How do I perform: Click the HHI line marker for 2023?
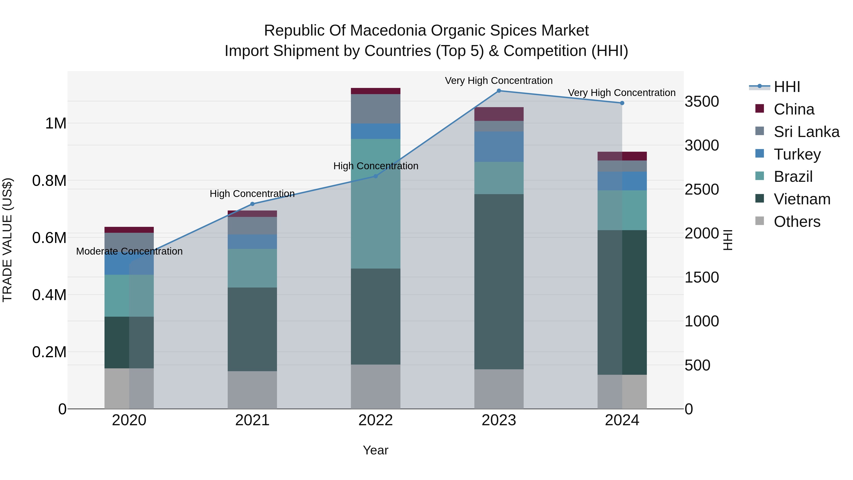coord(499,91)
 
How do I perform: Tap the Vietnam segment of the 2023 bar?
coord(499,282)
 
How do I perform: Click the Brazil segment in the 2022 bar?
coord(376,204)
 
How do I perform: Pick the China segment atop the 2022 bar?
coord(376,91)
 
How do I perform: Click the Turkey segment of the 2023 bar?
coord(499,146)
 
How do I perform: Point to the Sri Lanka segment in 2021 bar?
coord(252,226)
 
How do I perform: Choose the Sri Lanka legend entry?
coord(806,132)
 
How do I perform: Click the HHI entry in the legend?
coord(786,87)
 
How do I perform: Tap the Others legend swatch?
coord(760,221)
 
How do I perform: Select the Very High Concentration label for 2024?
coord(622,93)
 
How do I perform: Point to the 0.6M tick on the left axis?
coord(49,238)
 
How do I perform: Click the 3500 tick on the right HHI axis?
coord(701,101)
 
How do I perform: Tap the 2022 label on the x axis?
coord(376,420)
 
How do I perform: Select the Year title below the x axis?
coord(376,450)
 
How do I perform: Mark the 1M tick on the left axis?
coord(56,123)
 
